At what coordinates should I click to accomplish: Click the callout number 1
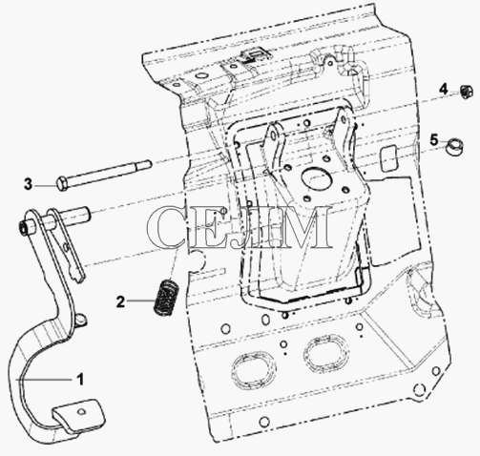click(x=80, y=379)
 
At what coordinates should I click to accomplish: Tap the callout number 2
click(x=120, y=301)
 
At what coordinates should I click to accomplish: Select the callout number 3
click(x=29, y=184)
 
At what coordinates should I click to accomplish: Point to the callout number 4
click(x=444, y=90)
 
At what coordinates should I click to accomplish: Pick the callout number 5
click(x=434, y=140)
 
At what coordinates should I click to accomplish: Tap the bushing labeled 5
click(x=454, y=147)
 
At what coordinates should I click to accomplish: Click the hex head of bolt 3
click(x=63, y=184)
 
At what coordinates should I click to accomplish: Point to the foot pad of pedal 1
click(x=78, y=415)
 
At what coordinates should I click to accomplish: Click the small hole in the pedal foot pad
click(x=81, y=411)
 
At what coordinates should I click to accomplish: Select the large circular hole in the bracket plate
click(x=315, y=179)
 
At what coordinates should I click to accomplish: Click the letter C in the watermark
click(x=166, y=226)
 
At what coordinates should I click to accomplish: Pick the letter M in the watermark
click(x=300, y=226)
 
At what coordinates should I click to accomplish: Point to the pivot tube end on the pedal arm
click(x=23, y=228)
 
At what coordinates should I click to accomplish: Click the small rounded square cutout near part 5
click(x=389, y=158)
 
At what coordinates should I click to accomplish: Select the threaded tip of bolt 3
click(x=147, y=164)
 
